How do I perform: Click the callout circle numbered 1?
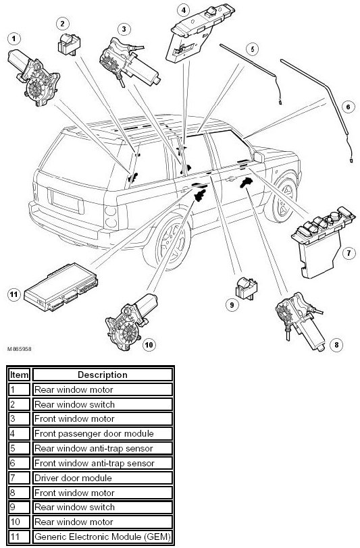pos(14,38)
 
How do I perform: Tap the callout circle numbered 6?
pos(348,107)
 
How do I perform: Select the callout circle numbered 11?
pos(14,294)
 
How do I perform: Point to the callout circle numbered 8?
pos(336,346)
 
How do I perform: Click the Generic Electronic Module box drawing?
pos(60,287)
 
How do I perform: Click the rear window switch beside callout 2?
pos(69,45)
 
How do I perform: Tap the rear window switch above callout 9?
pos(247,288)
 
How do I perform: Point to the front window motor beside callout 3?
pos(129,62)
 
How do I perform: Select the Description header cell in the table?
pos(103,375)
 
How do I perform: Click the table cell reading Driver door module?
pos(103,478)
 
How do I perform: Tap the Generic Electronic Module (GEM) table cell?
pos(103,537)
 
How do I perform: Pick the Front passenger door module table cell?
pos(103,434)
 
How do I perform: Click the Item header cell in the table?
pos(19,375)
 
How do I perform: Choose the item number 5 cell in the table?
pos(19,448)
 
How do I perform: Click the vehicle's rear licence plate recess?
pos(66,201)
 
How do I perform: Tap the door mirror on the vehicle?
pos(259,157)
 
